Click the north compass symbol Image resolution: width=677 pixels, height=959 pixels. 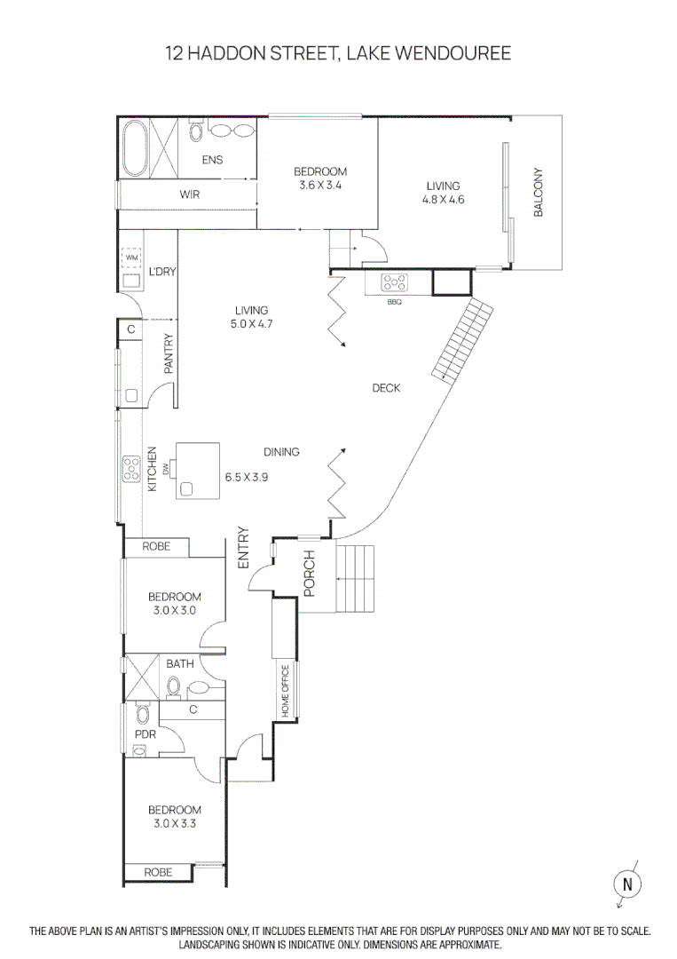click(627, 884)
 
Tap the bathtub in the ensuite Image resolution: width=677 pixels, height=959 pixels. click(136, 147)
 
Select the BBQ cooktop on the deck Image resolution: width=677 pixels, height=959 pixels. click(395, 283)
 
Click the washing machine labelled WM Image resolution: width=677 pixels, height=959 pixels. click(132, 258)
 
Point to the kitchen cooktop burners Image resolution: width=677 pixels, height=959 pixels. click(132, 468)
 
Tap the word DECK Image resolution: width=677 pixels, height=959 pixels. click(386, 388)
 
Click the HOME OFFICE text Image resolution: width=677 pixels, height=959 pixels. click(286, 691)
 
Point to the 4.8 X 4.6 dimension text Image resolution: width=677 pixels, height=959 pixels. click(443, 200)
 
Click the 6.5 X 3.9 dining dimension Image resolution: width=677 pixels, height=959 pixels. click(247, 477)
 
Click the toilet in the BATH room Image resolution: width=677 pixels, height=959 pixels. click(175, 686)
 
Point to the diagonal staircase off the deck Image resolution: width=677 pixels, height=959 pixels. click(462, 338)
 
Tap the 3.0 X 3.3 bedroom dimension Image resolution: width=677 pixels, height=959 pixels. click(174, 823)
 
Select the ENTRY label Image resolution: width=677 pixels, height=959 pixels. click(244, 548)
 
